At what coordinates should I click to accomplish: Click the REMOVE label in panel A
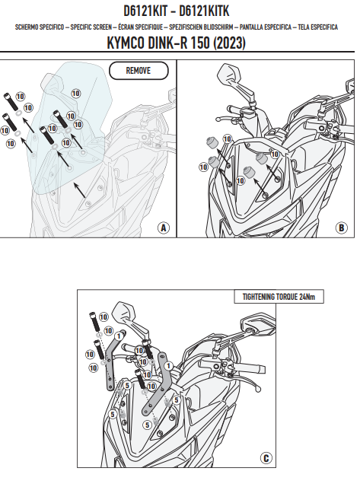pos(139,71)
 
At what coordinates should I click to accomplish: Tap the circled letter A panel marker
pos(164,228)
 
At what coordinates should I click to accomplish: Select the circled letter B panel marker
pos(342,228)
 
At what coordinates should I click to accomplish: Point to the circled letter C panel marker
pos(266,458)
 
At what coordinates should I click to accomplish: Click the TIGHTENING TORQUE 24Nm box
pos(279,297)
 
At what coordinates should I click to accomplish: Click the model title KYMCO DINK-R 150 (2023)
pos(176,43)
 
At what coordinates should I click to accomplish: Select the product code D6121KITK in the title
pos(204,11)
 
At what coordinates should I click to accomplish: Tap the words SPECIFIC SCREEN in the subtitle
pos(91,27)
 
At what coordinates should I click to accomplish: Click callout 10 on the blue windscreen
pos(76,93)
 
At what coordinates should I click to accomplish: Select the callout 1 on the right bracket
pos(168,366)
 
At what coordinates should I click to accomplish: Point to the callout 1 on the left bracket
pos(119,336)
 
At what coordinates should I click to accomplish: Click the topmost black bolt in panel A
pos(11,101)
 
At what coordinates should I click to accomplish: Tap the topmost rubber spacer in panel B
pos(212,143)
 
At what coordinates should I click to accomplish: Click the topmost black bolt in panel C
pos(95,322)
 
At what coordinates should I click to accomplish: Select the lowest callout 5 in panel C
pos(147,425)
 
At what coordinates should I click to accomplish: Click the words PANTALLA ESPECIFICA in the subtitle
pos(266,27)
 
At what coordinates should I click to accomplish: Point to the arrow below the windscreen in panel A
pos(79,190)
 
